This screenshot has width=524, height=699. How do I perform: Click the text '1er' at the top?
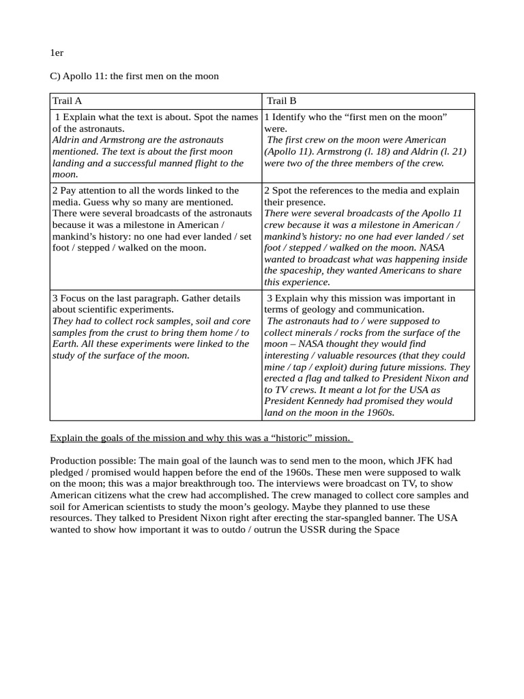coord(57,53)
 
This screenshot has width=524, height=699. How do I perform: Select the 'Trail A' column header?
coord(68,101)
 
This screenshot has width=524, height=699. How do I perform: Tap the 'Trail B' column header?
coord(282,101)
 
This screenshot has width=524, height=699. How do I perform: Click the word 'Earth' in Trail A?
coord(65,344)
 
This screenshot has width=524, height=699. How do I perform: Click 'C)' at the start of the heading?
coord(55,76)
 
